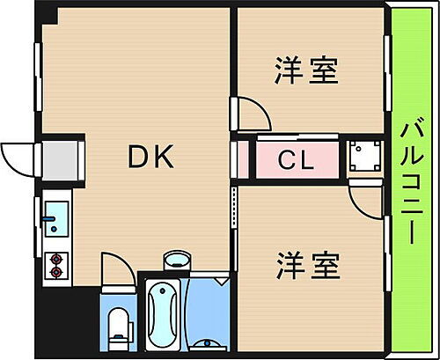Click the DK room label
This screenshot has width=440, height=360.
point(151,158)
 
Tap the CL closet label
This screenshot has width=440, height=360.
point(297,160)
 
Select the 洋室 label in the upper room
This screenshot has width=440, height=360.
point(306,70)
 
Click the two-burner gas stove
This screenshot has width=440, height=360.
point(57,264)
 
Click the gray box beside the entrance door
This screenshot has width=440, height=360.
point(60,159)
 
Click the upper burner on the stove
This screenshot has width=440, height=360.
point(57,258)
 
